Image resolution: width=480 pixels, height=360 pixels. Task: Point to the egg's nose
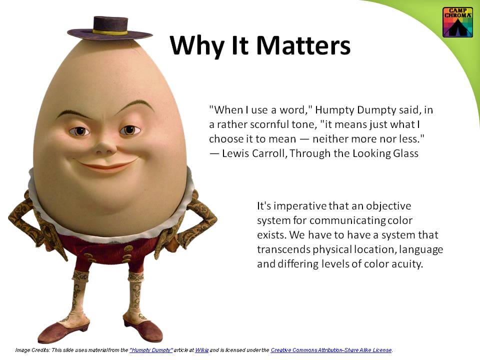coord(105,146)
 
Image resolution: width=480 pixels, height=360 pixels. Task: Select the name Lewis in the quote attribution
coord(234,153)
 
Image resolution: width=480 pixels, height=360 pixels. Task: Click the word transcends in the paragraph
coord(283,249)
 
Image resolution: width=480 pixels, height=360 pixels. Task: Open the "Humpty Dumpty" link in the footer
coord(151,350)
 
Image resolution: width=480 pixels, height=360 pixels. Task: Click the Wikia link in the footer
coord(202,350)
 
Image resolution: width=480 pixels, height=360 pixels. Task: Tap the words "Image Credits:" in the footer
coord(32,350)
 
